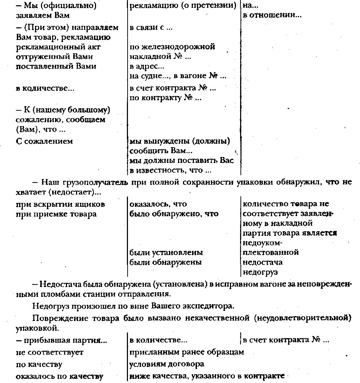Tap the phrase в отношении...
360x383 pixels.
[x=272, y=15]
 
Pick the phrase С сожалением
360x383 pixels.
[x=45, y=141]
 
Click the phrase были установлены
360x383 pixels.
[x=166, y=252]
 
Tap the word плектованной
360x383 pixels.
[x=271, y=252]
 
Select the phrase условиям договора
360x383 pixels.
[x=167, y=364]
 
